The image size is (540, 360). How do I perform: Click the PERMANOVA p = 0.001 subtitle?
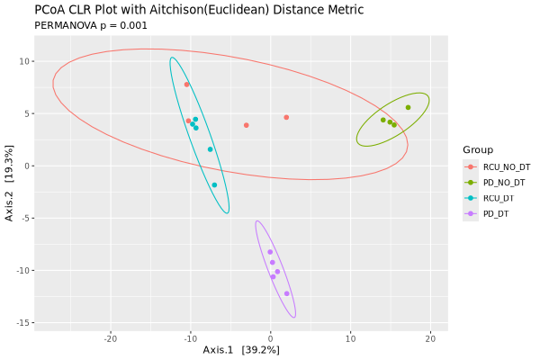[90, 25]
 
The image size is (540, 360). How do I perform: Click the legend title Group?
[477, 149]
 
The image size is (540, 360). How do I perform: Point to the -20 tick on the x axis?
[110, 339]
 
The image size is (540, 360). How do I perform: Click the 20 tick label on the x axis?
[430, 339]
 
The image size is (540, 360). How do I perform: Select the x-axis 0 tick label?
[270, 339]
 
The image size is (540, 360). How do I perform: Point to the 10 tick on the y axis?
[25, 61]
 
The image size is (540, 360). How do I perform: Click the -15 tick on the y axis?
[23, 323]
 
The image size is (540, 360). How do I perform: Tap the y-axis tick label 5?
[28, 113]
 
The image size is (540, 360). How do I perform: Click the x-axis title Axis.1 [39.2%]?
[240, 350]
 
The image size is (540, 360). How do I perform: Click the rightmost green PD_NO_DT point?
[408, 107]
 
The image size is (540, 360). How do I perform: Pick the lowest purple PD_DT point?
[287, 293]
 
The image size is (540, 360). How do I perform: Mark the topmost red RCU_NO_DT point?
[186, 85]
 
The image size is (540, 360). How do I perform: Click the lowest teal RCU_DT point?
[214, 184]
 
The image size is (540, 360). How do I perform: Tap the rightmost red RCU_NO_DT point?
[286, 117]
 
